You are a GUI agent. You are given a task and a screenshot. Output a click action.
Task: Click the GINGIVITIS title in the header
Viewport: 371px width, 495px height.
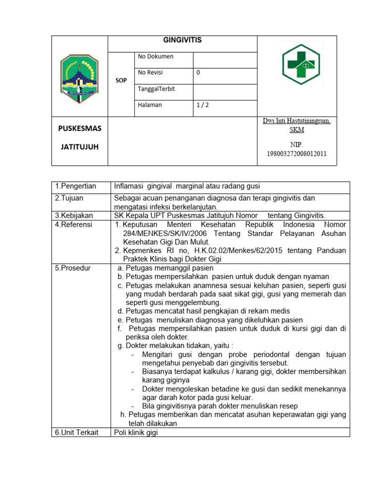point(182,41)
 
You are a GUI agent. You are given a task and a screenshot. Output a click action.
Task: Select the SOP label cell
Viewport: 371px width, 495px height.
point(121,81)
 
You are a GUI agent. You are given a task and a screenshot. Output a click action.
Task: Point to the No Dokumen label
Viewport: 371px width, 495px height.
point(156,57)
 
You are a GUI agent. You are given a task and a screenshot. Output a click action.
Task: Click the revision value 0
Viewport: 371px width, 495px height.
point(198,73)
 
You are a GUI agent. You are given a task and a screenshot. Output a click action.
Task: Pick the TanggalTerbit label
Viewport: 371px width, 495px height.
point(157,89)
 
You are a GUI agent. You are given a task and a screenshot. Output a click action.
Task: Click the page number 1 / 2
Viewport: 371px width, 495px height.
point(202,105)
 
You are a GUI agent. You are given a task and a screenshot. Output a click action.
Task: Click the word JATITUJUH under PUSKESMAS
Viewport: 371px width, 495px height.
point(79,146)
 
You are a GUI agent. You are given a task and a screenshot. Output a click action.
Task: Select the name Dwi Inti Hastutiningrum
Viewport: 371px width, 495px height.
point(297,121)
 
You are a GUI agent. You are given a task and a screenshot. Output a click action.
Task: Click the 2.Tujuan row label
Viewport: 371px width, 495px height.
point(70,198)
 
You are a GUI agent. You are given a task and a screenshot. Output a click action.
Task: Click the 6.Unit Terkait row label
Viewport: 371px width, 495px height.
point(76,432)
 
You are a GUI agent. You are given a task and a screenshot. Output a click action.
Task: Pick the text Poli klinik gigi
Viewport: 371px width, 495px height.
point(136,432)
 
